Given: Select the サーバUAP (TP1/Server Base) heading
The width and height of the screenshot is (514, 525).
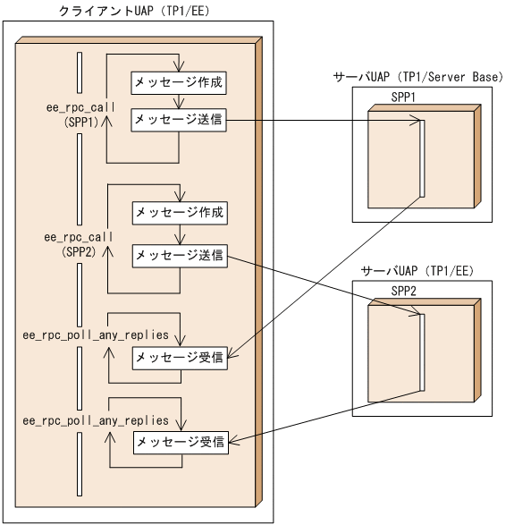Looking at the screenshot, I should pos(417,78).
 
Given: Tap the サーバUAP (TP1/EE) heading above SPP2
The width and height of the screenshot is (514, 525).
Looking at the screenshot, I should pos(417,270).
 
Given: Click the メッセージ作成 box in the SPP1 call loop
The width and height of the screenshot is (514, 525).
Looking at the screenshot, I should pos(179,82).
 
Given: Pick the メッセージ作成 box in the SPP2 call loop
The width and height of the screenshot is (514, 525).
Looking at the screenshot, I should pos(180,214).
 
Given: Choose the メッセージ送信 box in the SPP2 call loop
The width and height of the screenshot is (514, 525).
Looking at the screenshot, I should pos(180,255).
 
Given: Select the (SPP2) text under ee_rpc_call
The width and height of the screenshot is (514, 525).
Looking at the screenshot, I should pos(80,253).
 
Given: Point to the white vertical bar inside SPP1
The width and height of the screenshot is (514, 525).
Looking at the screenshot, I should pos(418,157).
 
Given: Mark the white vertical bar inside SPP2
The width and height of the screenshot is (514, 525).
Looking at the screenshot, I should pos(418,350).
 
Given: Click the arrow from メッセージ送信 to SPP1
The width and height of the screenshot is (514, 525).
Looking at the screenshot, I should pos(322,122).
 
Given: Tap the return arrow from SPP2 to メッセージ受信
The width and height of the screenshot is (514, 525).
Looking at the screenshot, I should pos(322,416).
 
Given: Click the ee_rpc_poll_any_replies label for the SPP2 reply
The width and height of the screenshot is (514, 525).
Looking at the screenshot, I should pos(96,419).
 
